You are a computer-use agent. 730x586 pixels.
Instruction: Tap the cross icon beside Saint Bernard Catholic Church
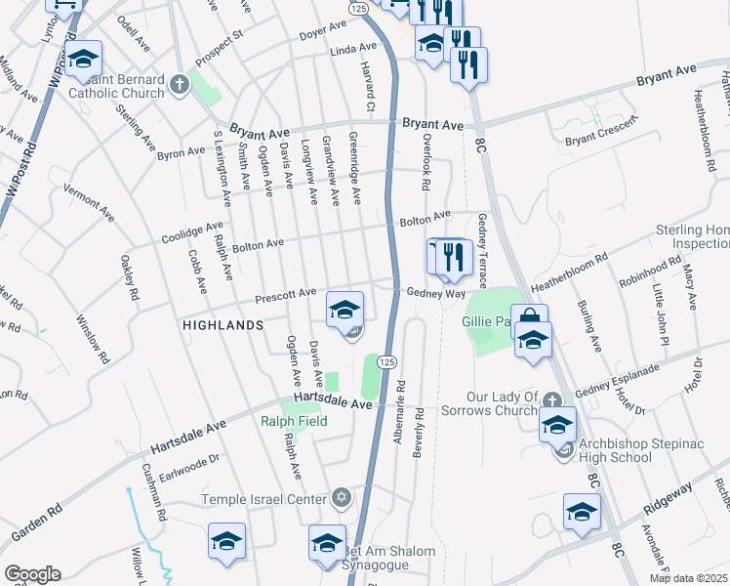tap(179, 84)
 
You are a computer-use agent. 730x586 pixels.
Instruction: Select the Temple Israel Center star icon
tap(341, 499)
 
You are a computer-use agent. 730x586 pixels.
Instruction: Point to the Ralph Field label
tap(294, 422)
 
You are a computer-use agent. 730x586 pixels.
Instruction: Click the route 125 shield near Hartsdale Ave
tap(386, 361)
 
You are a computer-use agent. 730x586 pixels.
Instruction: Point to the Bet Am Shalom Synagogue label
tap(388, 559)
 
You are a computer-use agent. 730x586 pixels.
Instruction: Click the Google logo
tap(32, 574)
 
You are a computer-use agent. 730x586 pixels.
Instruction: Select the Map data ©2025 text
tap(689, 578)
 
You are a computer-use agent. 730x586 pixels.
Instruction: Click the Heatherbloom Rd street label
tap(569, 272)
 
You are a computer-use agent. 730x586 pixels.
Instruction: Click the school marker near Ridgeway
tap(582, 511)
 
